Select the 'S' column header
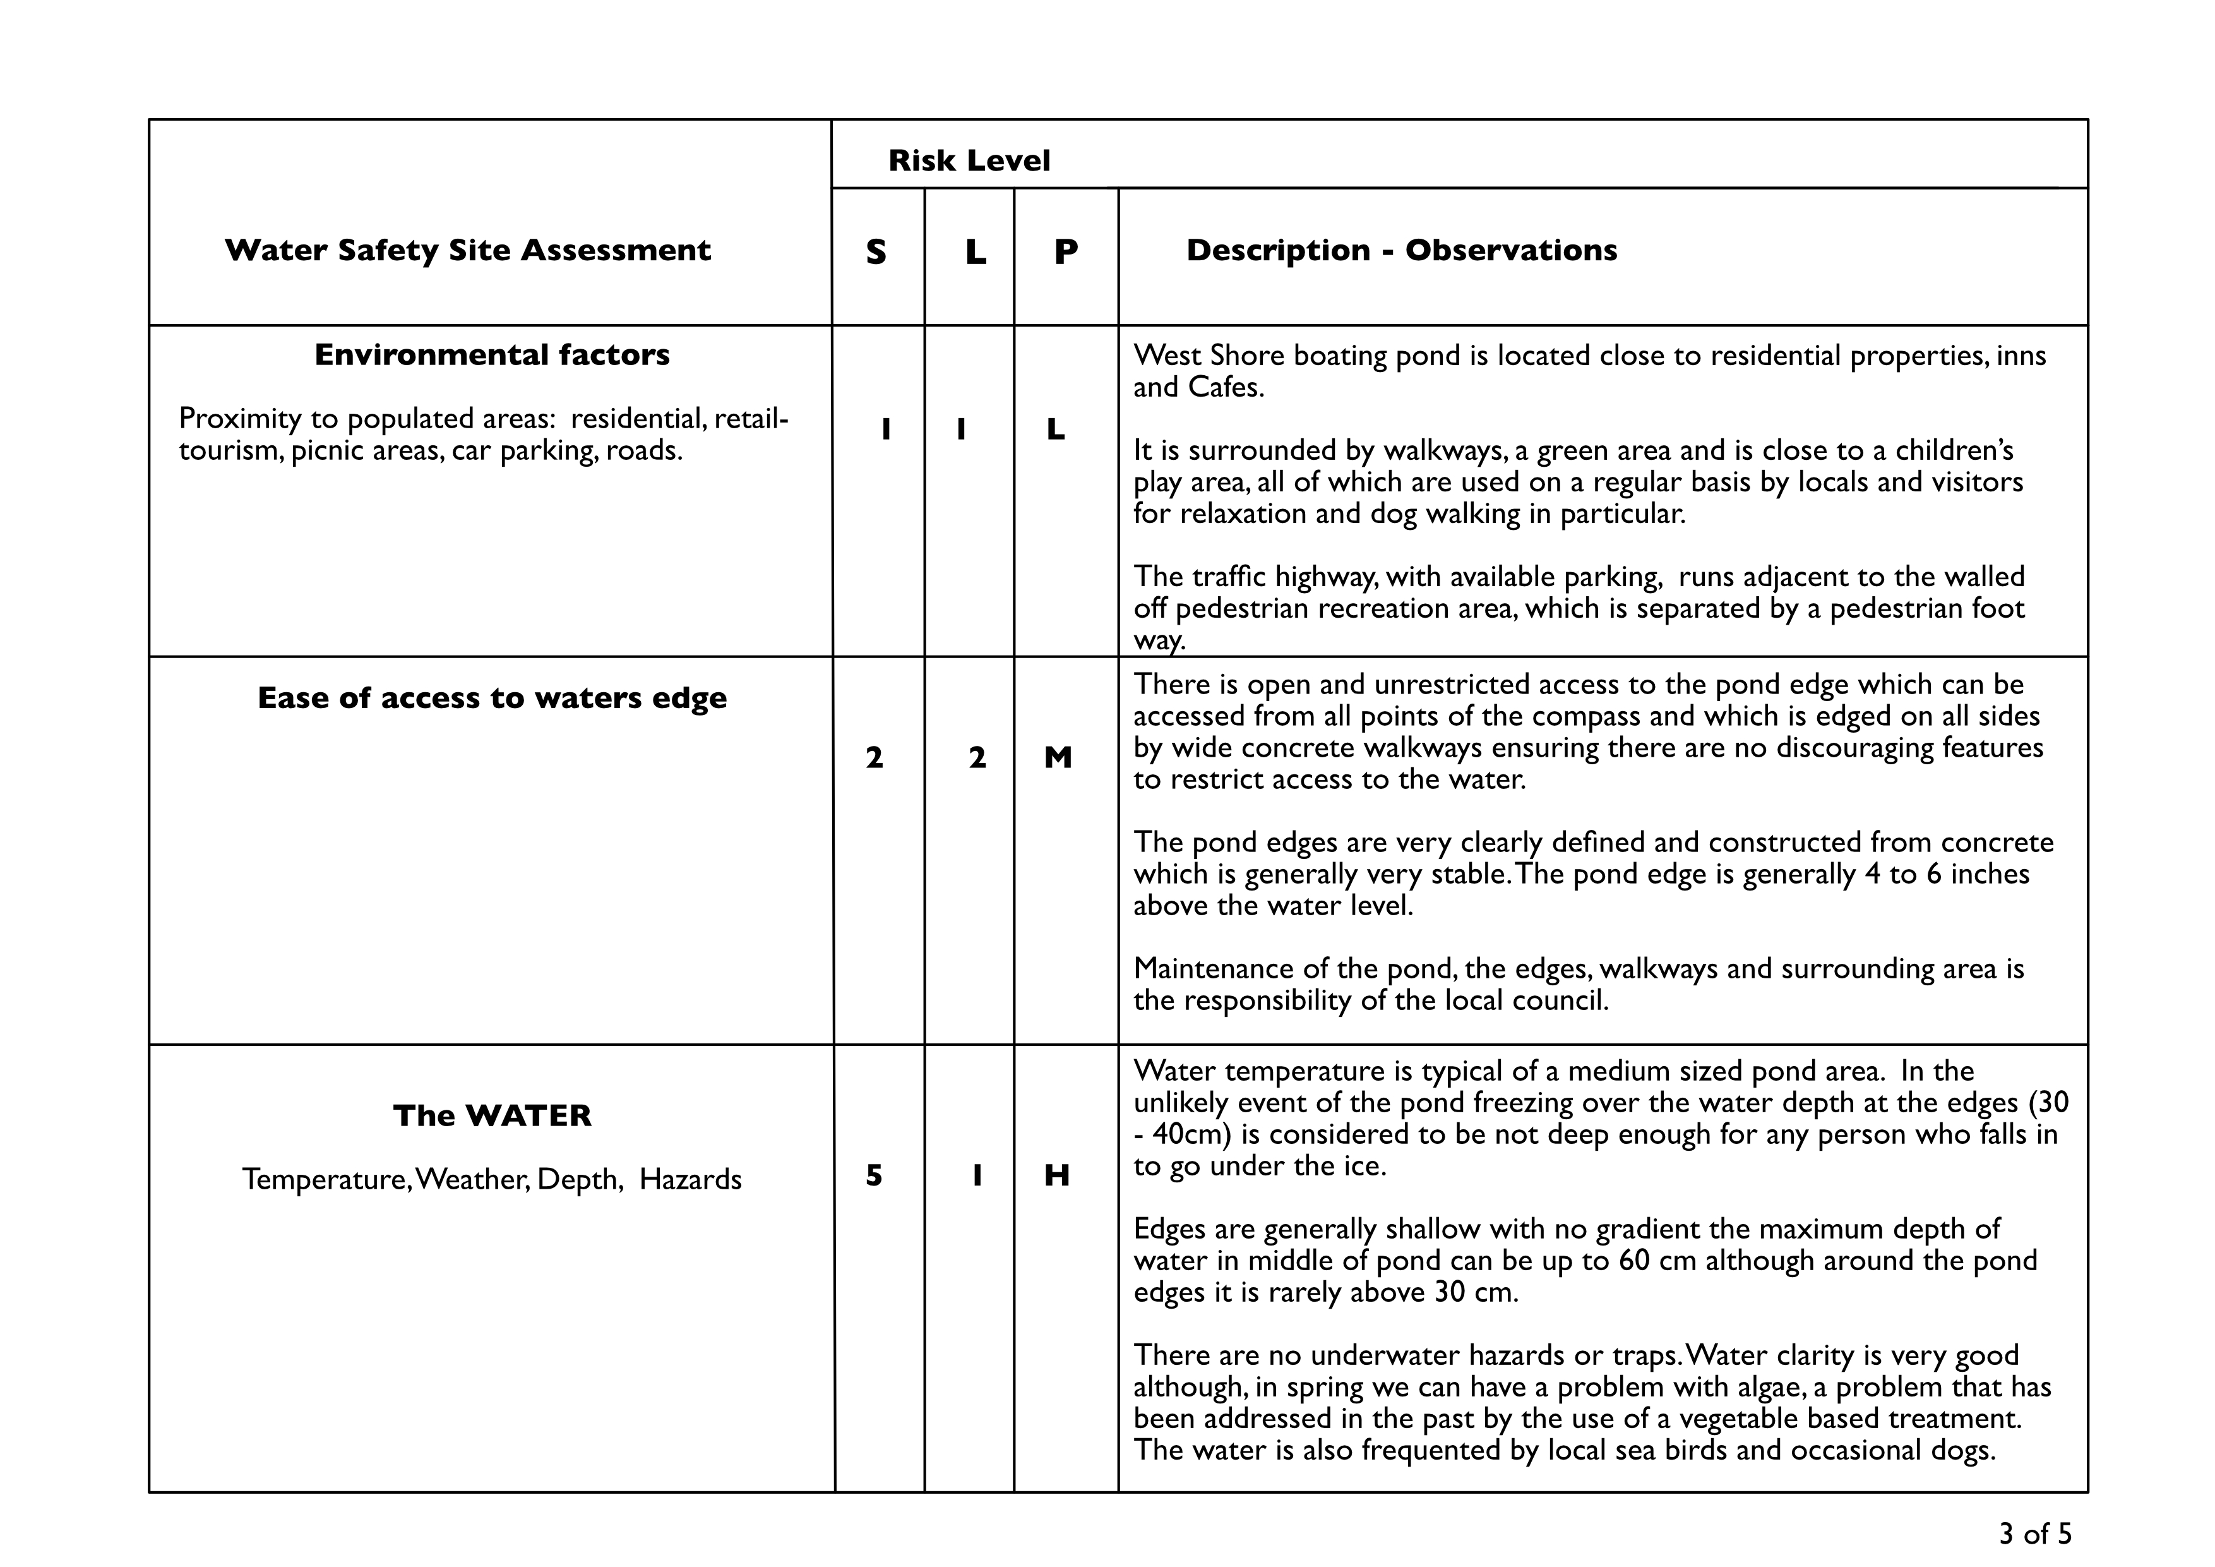[x=876, y=252]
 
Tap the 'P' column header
[x=1065, y=252]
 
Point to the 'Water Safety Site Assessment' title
[x=468, y=250]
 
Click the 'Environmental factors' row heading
[x=492, y=355]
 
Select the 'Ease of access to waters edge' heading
[x=492, y=698]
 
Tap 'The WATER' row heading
[x=492, y=1115]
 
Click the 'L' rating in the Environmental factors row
[x=1056, y=429]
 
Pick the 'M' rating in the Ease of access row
[x=1058, y=759]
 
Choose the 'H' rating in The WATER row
[x=1058, y=1175]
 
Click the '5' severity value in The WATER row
[x=874, y=1175]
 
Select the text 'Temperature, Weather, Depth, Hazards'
[x=492, y=1179]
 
